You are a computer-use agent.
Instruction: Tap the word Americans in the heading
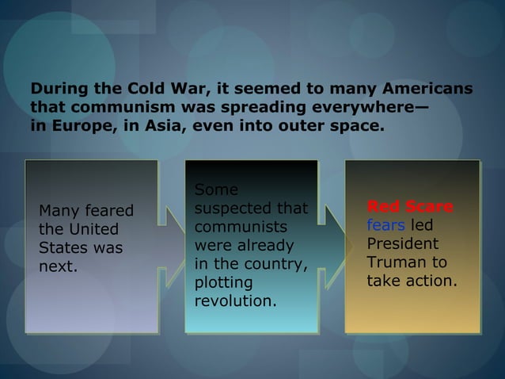pos(427,88)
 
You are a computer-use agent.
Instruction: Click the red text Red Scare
pos(410,208)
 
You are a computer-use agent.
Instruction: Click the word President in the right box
pos(402,244)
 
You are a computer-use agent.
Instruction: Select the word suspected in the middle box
pos(230,209)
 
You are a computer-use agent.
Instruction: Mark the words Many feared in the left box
pos(86,212)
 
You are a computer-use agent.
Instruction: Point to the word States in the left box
pos(63,248)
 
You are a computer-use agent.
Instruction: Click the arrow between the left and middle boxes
pos(171,246)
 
